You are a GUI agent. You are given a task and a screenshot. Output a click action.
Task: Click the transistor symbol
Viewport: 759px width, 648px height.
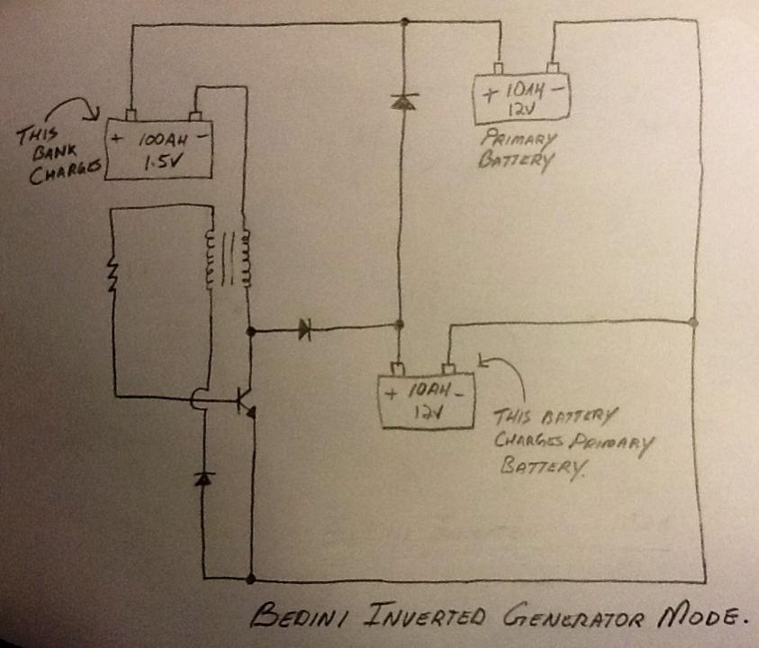[x=246, y=402]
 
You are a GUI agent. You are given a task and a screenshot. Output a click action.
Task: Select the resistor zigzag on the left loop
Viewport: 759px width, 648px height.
[x=113, y=275]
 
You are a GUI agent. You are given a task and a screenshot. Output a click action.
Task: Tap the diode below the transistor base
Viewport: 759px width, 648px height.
[x=203, y=479]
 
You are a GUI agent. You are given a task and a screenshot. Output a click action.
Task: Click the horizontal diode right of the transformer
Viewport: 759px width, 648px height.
[x=304, y=330]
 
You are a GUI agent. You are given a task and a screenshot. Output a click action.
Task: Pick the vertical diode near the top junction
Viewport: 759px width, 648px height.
[x=403, y=101]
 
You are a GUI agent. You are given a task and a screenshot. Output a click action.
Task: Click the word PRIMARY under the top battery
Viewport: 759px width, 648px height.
[x=519, y=139]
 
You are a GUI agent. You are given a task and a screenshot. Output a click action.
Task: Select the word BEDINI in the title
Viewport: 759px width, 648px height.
[x=299, y=615]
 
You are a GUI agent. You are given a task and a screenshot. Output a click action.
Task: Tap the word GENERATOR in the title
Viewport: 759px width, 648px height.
[x=574, y=616]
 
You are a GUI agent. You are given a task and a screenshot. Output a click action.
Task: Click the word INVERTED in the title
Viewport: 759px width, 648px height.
[x=424, y=615]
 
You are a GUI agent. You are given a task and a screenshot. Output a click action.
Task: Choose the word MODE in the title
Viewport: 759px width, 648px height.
[x=700, y=616]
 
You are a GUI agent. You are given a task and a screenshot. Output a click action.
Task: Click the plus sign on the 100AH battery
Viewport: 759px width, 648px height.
[x=116, y=139]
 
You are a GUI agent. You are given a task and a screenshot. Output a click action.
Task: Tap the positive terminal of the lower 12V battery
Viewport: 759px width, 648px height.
[x=398, y=370]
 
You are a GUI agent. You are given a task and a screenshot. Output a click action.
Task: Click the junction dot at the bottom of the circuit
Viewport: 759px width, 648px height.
[x=250, y=579]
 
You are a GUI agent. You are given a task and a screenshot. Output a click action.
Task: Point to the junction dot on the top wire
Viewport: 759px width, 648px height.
[x=404, y=22]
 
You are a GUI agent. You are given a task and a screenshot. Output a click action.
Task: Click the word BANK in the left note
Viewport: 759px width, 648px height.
[x=55, y=152]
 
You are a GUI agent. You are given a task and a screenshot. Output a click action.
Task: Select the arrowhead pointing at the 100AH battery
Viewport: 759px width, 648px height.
[x=95, y=114]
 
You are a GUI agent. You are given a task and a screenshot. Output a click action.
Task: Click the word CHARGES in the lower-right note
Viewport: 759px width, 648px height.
[x=529, y=440]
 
